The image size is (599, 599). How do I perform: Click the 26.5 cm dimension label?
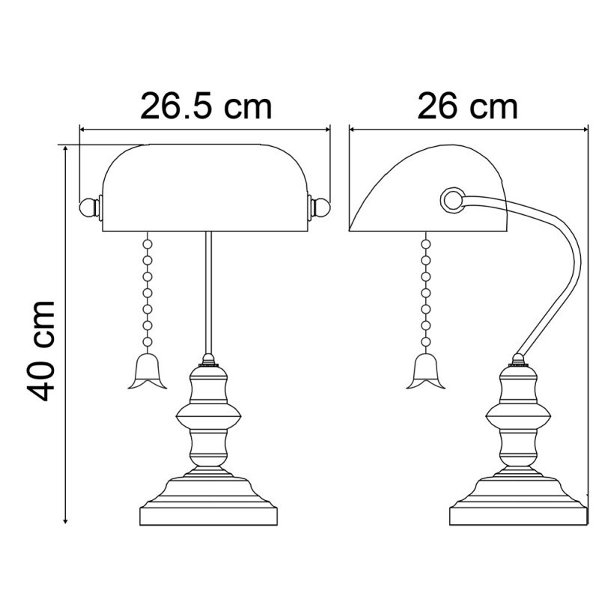(x=205, y=107)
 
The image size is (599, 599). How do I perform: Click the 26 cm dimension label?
(x=467, y=107)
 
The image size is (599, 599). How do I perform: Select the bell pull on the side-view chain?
(x=425, y=372)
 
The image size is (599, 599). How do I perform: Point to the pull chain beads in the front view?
(x=148, y=292)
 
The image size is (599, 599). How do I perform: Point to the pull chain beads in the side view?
(x=425, y=292)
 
